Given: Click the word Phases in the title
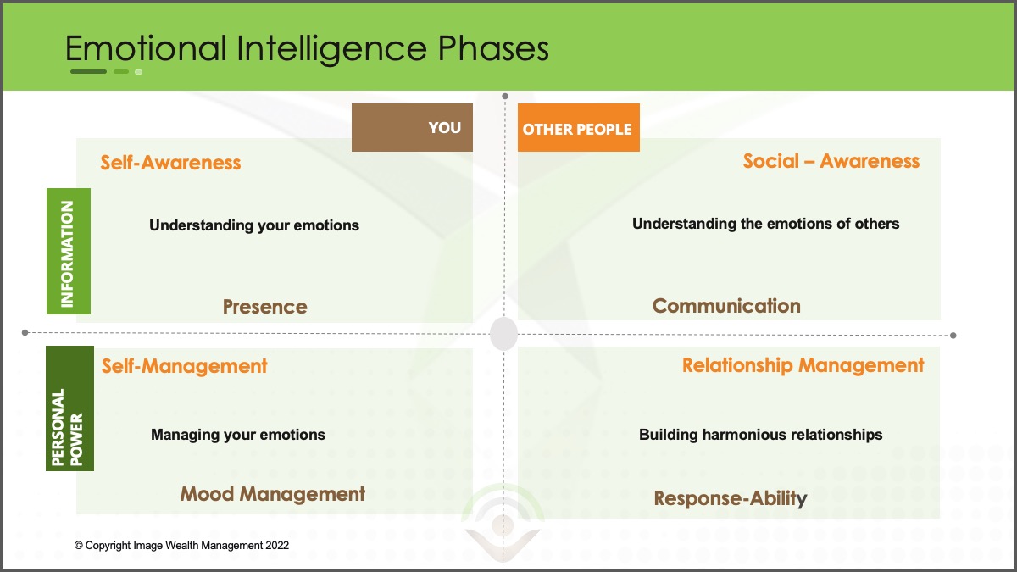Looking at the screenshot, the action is [493, 48].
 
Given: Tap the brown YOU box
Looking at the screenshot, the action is [412, 127].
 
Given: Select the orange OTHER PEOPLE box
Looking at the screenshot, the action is [578, 128].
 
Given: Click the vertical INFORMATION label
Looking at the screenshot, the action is [69, 251].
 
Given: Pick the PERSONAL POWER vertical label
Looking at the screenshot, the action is [69, 408].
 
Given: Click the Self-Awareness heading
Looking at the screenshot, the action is [170, 163].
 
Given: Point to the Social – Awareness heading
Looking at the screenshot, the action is [831, 161].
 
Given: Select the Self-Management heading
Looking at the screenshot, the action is [185, 366].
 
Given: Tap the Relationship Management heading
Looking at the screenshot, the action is [803, 365].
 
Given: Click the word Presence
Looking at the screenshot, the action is [265, 307].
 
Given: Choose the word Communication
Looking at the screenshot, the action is [726, 306].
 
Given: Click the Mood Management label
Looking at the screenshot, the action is [272, 494].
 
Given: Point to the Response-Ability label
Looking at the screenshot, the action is [731, 498].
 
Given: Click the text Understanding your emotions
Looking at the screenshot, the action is [254, 225].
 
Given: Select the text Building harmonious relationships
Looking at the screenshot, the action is [761, 435].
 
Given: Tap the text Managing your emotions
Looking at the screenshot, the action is [238, 435].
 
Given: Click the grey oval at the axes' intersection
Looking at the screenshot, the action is [503, 334].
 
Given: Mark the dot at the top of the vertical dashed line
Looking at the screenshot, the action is [505, 97].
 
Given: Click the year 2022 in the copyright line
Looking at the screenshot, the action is [277, 545].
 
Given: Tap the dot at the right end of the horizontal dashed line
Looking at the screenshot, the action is [953, 336].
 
